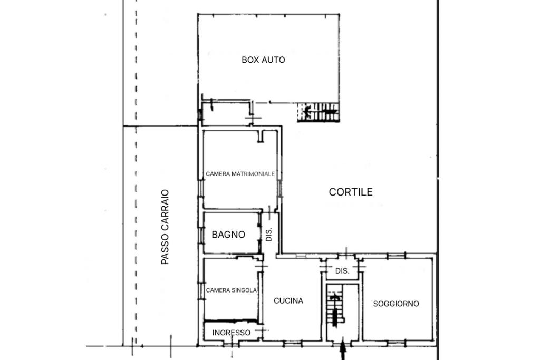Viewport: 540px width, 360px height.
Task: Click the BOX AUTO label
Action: pyautogui.click(x=264, y=60)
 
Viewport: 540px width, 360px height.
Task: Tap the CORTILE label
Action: pyautogui.click(x=351, y=192)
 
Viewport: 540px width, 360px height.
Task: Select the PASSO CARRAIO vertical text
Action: pyautogui.click(x=165, y=227)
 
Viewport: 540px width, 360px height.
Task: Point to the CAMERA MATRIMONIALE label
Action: pyautogui.click(x=240, y=174)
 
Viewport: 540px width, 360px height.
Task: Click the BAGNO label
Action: pyautogui.click(x=228, y=235)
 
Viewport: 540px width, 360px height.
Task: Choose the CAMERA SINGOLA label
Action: pyautogui.click(x=232, y=290)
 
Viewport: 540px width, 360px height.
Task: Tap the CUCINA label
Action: pyautogui.click(x=288, y=301)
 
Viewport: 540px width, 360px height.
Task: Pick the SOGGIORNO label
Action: pyautogui.click(x=396, y=304)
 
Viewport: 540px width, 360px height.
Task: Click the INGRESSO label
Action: pyautogui.click(x=232, y=333)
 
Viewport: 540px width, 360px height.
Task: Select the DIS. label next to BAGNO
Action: pyautogui.click(x=269, y=234)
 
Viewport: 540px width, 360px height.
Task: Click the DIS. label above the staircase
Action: pyautogui.click(x=342, y=271)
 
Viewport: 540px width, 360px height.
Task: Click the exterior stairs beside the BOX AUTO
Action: pyautogui.click(x=319, y=112)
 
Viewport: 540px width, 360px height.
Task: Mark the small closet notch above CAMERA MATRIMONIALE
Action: pyautogui.click(x=262, y=136)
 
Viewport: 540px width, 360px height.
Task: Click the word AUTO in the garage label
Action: pyautogui.click(x=274, y=60)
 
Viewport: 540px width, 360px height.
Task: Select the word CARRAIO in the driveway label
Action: pyautogui.click(x=165, y=210)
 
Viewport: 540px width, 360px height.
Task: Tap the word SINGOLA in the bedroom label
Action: pyautogui.click(x=244, y=290)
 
